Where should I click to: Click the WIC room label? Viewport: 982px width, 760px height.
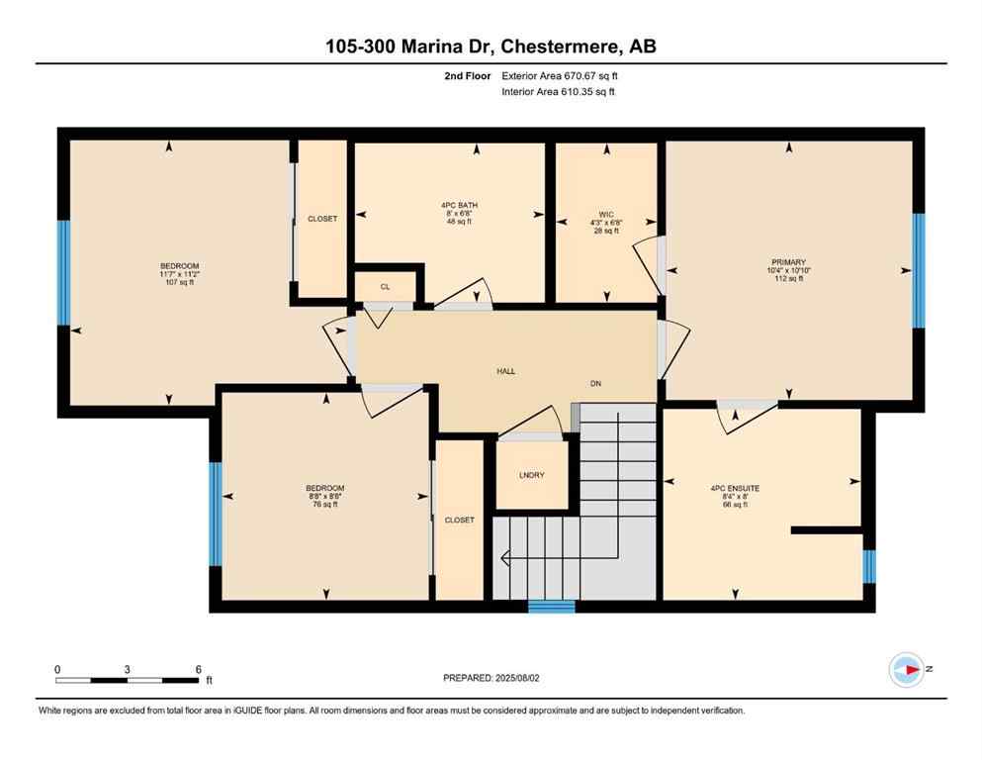[x=607, y=213]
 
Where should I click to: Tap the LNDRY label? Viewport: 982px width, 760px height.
[x=531, y=475]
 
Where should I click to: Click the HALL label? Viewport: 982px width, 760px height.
[x=505, y=371]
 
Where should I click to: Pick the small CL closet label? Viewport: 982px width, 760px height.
[x=385, y=288]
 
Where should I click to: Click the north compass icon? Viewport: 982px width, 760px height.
[x=906, y=669]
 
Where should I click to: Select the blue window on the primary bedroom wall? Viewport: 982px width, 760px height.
[x=918, y=270]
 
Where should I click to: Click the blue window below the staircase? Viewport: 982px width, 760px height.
[x=551, y=607]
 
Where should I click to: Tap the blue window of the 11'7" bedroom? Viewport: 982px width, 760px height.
[x=64, y=272]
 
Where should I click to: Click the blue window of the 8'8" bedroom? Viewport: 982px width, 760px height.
[x=215, y=514]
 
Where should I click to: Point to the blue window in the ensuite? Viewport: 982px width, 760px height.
[x=868, y=566]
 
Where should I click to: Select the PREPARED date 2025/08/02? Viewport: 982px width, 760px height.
[x=491, y=678]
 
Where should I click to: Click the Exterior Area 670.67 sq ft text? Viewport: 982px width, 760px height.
[x=563, y=75]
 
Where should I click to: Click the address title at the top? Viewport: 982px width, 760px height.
[x=491, y=46]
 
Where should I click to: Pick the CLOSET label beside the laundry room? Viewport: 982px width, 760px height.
[x=459, y=520]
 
